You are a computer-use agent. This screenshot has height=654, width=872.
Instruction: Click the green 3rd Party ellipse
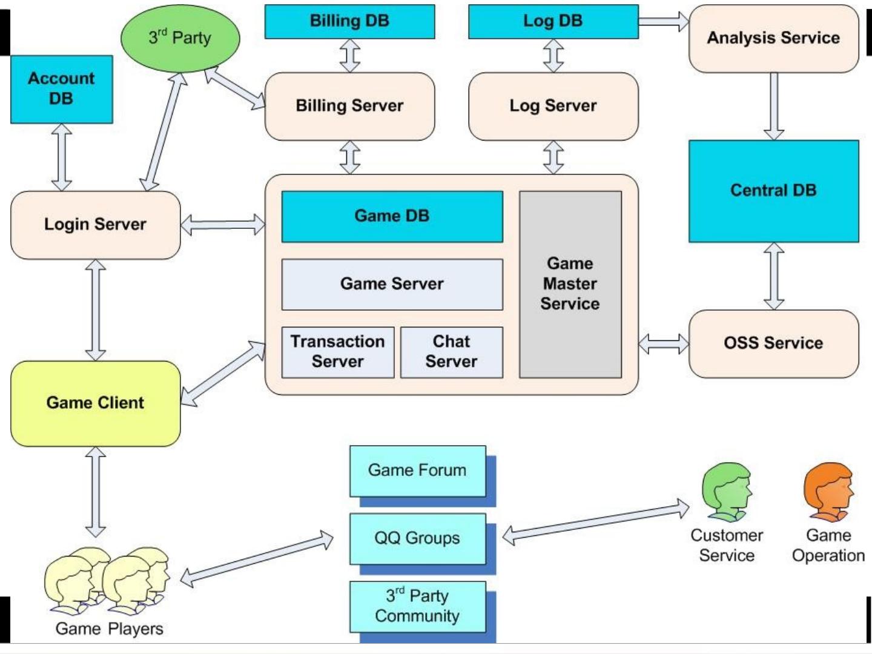tap(180, 38)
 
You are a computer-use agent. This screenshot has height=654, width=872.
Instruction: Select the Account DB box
tap(61, 89)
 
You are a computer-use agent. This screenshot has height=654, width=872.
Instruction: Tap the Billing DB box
tap(349, 21)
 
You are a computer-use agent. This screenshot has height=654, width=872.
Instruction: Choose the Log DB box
tap(553, 21)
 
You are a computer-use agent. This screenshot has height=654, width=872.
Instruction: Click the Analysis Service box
tap(773, 38)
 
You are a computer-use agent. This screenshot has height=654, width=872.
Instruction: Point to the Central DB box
tap(773, 191)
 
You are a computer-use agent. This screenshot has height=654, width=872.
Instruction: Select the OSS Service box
tap(773, 343)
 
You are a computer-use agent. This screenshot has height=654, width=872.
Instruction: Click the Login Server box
tap(95, 225)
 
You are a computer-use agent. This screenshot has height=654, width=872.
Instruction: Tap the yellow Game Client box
tap(95, 403)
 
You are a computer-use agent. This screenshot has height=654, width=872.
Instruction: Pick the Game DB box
tap(392, 216)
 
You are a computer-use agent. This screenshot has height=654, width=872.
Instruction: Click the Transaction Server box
tap(337, 352)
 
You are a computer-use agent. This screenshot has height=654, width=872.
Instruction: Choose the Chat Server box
tap(451, 352)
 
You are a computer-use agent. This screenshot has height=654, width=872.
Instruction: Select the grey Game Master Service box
tap(570, 284)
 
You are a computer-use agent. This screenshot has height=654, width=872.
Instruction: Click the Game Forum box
tap(417, 471)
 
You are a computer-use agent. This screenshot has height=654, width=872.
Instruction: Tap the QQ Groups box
tap(417, 538)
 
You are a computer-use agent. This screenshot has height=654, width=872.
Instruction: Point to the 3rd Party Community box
tap(417, 606)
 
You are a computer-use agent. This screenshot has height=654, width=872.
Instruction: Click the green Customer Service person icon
tap(726, 492)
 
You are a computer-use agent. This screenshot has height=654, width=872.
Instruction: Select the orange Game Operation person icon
tap(828, 492)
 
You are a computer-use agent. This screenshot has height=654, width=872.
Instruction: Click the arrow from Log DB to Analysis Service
tap(664, 21)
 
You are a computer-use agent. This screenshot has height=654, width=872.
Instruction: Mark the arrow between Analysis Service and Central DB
tap(773, 107)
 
